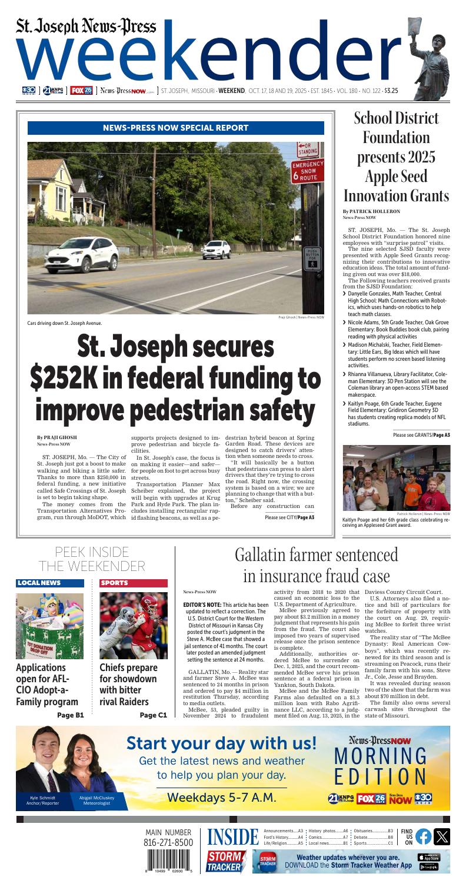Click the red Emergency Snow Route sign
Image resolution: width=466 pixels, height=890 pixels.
pos(308,170)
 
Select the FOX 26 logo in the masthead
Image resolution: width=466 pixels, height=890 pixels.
pos(81,91)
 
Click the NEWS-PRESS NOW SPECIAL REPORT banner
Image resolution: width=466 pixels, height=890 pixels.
pos(175,128)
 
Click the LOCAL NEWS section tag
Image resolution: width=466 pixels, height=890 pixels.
pos(39,583)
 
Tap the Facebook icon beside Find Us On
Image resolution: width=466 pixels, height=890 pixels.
pos(423,836)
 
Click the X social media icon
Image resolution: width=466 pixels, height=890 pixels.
pos(441,836)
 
